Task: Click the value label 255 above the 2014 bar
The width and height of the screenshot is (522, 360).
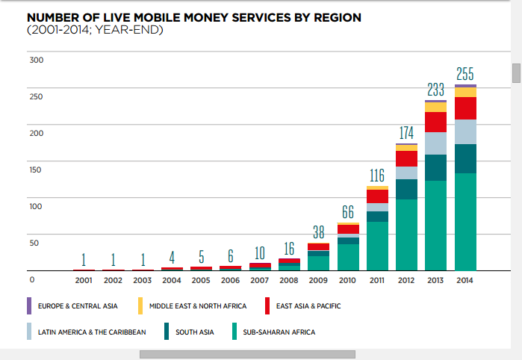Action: click(x=464, y=75)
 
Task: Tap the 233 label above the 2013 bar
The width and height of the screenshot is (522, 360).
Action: click(x=435, y=90)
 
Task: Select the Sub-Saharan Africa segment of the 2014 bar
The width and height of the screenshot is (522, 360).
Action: click(x=464, y=222)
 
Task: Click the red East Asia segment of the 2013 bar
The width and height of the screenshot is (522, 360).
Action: click(x=435, y=122)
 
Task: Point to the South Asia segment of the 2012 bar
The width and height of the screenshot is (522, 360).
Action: click(x=406, y=189)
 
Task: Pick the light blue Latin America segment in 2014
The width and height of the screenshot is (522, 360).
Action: click(x=464, y=131)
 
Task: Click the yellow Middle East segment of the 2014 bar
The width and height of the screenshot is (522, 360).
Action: click(x=464, y=92)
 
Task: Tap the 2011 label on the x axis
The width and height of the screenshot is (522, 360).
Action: click(x=377, y=280)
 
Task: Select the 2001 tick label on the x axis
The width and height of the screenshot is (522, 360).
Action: click(x=84, y=280)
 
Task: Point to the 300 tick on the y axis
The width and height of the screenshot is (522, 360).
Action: click(x=37, y=59)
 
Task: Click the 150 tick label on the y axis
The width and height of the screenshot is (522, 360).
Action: click(x=37, y=170)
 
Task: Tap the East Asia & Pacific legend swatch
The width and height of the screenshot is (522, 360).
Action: click(x=267, y=305)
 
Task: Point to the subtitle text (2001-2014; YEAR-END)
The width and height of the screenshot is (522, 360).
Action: click(x=94, y=30)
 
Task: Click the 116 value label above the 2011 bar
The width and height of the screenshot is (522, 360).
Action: click(x=377, y=176)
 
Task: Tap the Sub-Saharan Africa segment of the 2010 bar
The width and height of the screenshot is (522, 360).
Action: click(x=348, y=257)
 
